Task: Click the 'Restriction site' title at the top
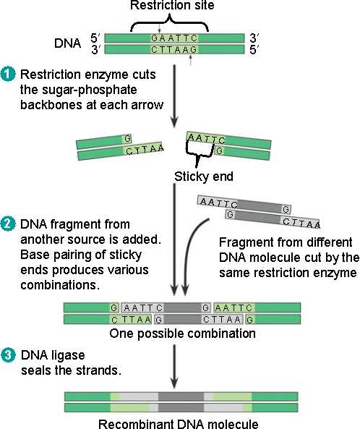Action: (x=172, y=5)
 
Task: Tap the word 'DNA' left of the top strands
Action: (x=67, y=43)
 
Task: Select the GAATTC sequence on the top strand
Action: (x=174, y=38)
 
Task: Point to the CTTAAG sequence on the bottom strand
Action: (x=174, y=49)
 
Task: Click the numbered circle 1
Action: (x=8, y=75)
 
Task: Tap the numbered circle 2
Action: (x=8, y=224)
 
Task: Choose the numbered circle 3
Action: (x=8, y=355)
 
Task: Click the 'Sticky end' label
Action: (x=204, y=177)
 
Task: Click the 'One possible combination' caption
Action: (x=182, y=334)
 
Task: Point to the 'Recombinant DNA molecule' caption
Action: (x=179, y=424)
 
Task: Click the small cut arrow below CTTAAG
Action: (x=191, y=60)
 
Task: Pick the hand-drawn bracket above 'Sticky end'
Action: (x=200, y=153)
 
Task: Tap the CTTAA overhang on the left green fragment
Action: (x=145, y=149)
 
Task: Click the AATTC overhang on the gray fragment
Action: (x=218, y=203)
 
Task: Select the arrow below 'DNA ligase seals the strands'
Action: (x=174, y=366)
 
